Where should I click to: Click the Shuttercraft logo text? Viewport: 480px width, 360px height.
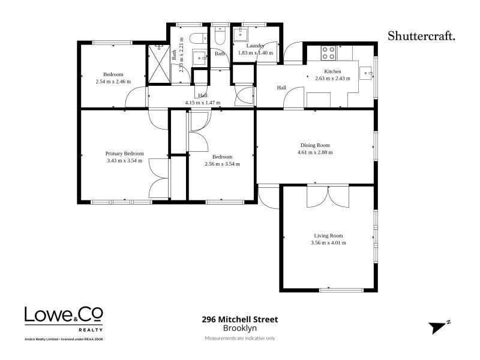pos(421,36)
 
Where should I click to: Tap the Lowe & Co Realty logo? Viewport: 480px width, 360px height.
pos(64,319)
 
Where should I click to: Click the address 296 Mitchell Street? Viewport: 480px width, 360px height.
pos(240,319)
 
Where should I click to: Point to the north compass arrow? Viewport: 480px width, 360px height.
pos(439,327)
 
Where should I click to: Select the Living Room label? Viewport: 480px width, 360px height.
pos(328,235)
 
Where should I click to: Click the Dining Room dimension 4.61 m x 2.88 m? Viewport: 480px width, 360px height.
pos(315,152)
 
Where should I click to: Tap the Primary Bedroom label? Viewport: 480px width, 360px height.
pos(124,154)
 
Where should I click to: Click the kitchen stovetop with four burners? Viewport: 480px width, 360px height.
pos(328,53)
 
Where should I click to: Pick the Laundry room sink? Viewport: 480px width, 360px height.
pos(241,34)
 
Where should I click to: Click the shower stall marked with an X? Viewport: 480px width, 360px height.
pos(159,64)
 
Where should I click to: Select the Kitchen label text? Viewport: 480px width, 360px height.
pos(332,71)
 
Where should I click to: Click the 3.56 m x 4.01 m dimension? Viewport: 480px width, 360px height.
pos(328,243)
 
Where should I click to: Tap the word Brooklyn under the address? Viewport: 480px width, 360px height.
pos(240,328)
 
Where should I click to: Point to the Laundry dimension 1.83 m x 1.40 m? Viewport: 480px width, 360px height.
pos(256,53)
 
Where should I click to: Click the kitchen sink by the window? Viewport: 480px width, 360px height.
pos(365,73)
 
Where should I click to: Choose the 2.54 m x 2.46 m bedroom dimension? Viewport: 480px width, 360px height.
pos(113,82)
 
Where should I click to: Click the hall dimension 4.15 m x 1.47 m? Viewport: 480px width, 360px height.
pos(203,103)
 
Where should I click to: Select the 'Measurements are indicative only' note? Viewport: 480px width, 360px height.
pos(240,338)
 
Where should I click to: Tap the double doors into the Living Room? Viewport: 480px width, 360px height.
pos(328,196)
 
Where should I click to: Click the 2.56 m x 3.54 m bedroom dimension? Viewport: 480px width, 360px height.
pos(222,164)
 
